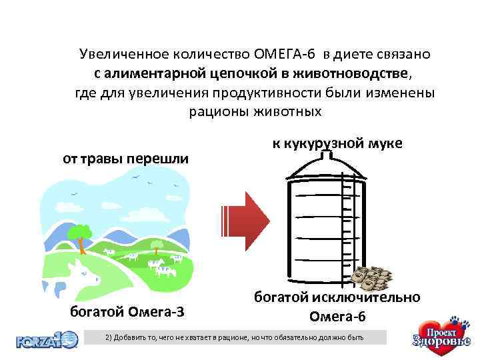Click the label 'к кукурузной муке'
[x=337, y=143]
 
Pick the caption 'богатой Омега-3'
[x=127, y=312]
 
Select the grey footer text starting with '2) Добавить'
[x=235, y=338]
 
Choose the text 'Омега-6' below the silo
[x=337, y=315]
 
